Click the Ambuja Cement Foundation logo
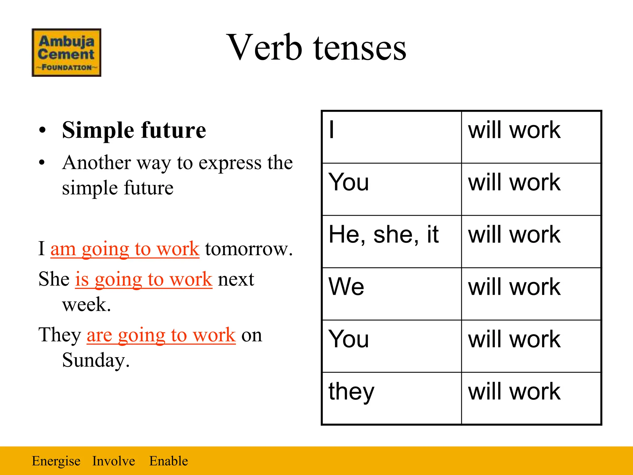point(66,53)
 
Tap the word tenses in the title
point(360,48)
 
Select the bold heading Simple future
point(134,130)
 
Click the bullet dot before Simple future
point(42,130)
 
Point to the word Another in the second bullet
point(96,163)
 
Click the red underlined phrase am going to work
point(125,249)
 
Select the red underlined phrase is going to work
point(144,279)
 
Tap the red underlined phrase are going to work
point(161,335)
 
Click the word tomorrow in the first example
point(249,249)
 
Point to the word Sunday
point(96,360)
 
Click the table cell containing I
point(392,137)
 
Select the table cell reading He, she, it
point(392,242)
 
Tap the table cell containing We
point(392,294)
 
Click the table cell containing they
point(392,398)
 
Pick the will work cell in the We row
point(531,294)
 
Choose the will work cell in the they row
point(531,398)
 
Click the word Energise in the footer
point(56,461)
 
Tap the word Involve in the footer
point(113,461)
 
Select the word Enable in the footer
point(168,461)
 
